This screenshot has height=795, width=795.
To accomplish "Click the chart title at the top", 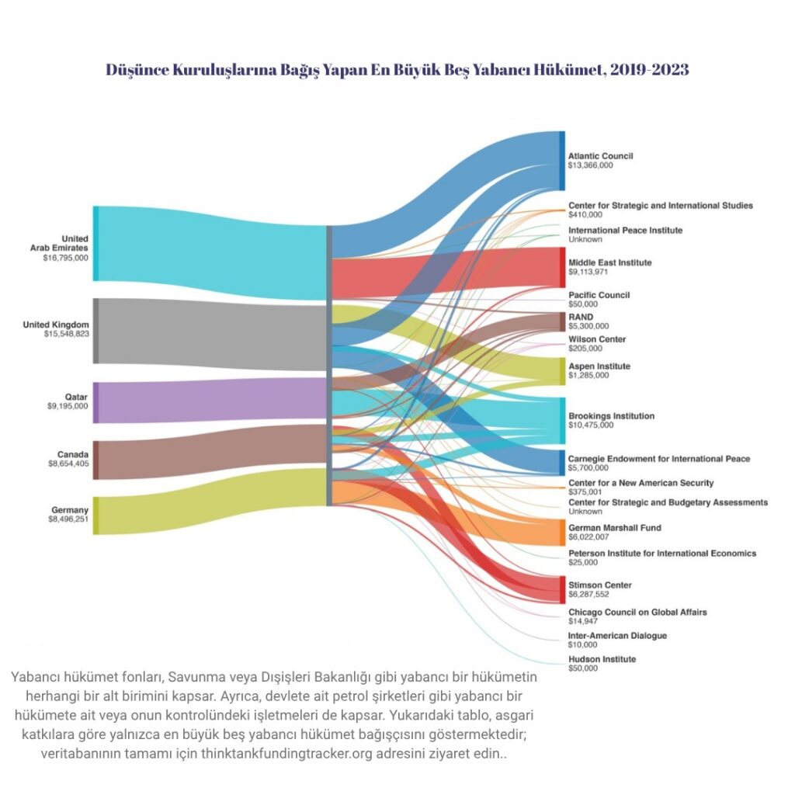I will tap(397, 70).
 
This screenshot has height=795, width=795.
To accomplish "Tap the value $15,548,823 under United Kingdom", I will tap(67, 334).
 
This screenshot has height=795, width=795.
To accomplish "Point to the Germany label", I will tap(70, 510).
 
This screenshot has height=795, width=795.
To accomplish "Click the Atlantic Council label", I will tap(601, 156).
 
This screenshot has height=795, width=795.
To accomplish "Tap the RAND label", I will tap(581, 318).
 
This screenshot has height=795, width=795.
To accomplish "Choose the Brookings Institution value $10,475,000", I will tap(591, 425).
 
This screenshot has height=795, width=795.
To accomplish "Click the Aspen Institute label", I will tap(599, 366).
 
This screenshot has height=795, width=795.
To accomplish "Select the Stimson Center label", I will tap(600, 585).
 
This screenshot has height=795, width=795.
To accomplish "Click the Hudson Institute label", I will tap(602, 659).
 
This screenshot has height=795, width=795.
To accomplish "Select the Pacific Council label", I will tap(599, 295).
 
